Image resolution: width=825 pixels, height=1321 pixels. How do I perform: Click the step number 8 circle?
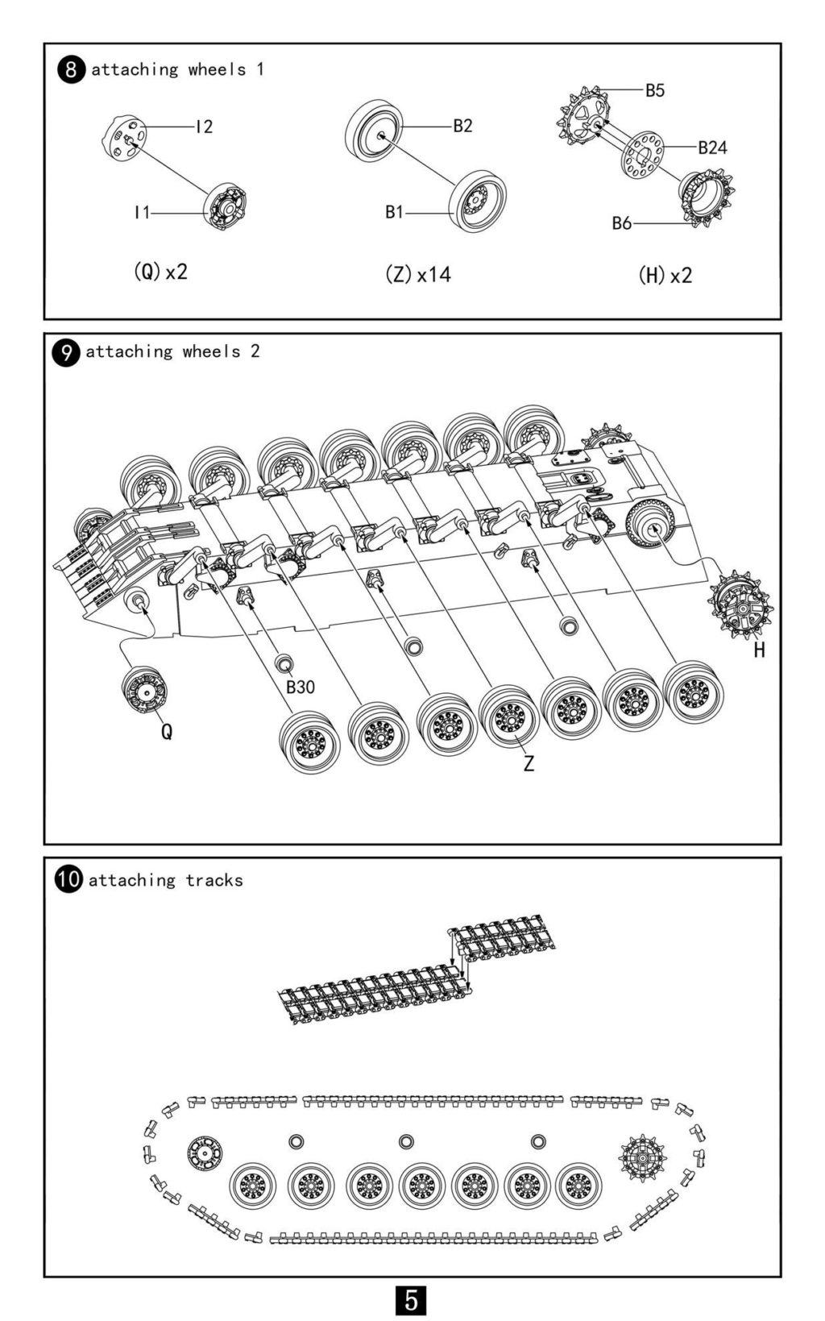pos(71,70)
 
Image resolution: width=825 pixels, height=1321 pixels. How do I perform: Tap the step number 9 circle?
pos(66,352)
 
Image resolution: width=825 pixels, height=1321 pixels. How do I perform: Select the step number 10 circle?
pos(68,880)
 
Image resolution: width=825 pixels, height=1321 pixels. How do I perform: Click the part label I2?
pos(204,127)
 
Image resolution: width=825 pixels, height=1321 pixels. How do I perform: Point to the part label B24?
pos(712,147)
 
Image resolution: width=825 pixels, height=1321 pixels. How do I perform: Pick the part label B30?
pos(301,687)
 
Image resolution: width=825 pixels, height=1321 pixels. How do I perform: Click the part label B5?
pos(654,90)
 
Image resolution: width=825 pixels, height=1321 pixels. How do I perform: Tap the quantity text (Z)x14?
pos(418,274)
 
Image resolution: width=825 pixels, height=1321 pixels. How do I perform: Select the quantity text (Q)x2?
pos(161,272)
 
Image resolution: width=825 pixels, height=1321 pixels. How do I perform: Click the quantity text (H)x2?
pos(665,275)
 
